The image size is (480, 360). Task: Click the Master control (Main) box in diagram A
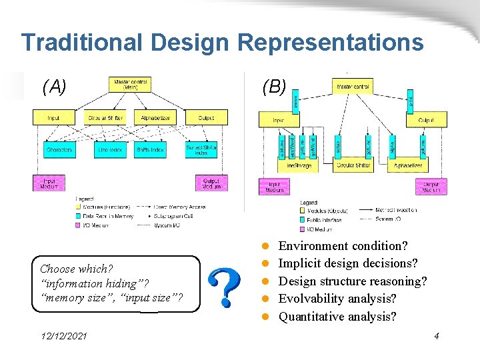tap(130, 85)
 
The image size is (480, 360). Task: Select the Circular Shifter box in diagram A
tap(105, 117)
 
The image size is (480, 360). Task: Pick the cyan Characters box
tap(59, 150)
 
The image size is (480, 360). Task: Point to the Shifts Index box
tap(150, 150)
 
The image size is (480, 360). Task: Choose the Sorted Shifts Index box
tap(201, 150)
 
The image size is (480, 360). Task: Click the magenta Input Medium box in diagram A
tap(50, 183)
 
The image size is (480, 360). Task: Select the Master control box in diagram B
tap(353, 87)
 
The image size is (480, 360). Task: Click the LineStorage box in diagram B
tap(299, 165)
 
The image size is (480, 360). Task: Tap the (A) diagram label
tap(55, 86)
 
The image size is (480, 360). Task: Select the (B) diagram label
tap(274, 86)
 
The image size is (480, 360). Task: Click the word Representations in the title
tap(330, 42)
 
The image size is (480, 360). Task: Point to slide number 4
tap(436, 337)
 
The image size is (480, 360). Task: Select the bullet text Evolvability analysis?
tap(337, 299)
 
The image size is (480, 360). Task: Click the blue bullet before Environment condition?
tap(265, 247)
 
